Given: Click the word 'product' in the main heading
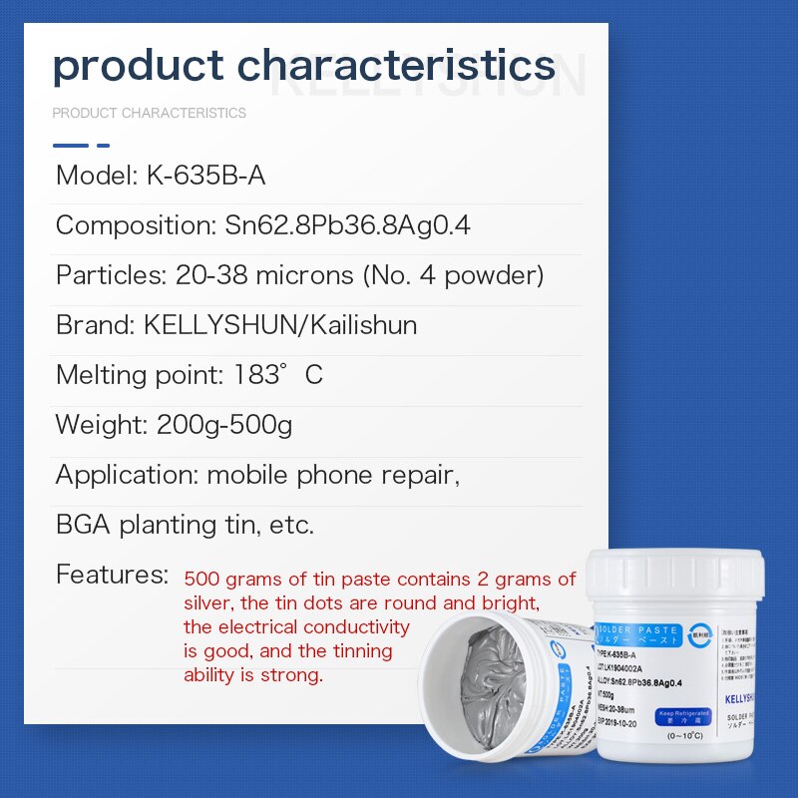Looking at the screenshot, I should click(138, 67).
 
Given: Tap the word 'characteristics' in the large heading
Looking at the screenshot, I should click(397, 66).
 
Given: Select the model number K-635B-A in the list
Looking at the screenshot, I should click(205, 176).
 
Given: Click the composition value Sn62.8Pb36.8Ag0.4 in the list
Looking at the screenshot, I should click(347, 225).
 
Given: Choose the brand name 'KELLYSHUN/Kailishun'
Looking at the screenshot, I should click(280, 325).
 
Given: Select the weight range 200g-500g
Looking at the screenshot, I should click(224, 425).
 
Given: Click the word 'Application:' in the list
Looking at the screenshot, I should click(127, 475).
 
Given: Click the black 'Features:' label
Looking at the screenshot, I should click(112, 575).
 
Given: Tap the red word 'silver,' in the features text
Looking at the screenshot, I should click(210, 603).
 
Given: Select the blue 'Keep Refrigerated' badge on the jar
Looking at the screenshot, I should click(684, 716).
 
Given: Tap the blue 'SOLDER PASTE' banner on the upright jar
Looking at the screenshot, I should click(638, 631).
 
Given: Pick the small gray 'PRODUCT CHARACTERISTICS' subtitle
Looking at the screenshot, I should click(149, 113).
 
